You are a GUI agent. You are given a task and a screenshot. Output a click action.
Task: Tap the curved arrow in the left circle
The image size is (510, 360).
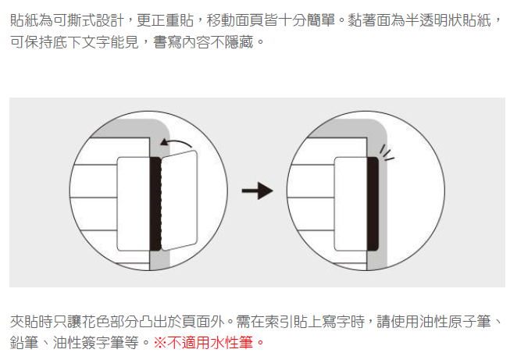177,142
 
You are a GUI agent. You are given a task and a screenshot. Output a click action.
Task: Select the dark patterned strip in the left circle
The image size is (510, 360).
155,203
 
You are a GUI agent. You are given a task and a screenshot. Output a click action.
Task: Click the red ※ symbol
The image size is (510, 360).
160,342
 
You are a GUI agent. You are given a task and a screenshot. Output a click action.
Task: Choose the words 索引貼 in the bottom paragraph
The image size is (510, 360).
302,321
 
